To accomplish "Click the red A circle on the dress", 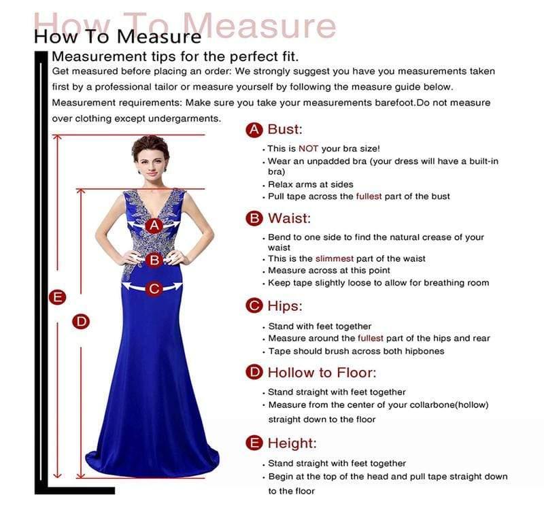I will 154,225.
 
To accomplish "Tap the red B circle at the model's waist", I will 154,259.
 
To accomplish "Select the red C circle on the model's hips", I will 154,288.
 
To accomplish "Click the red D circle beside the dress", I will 82,322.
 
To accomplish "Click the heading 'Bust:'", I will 285,129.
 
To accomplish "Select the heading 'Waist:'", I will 289,218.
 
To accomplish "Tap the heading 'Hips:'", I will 285,306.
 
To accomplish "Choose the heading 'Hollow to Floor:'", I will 321,372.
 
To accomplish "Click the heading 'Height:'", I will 292,443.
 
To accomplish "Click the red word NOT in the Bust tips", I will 308,148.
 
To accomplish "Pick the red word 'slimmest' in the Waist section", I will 333,258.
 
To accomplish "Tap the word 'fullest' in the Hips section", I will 371,338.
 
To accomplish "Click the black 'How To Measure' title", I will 118,35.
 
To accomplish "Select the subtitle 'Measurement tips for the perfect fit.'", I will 175,56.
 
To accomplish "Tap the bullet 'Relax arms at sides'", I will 311,184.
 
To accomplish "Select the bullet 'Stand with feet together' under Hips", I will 320,326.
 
